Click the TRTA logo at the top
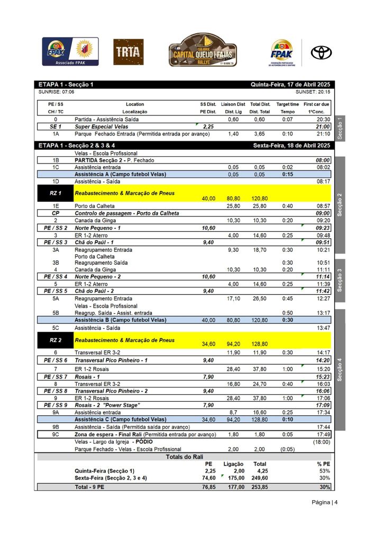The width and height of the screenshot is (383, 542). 129,52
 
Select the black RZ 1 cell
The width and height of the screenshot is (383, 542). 55,193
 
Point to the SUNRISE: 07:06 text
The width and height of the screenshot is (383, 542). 56,92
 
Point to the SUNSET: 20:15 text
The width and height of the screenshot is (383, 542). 313,92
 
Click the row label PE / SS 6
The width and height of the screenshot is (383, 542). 55,359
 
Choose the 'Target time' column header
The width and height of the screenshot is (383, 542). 288,104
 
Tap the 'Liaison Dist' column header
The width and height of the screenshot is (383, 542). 233,104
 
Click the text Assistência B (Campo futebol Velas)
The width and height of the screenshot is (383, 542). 120,320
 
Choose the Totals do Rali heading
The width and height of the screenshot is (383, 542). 184,457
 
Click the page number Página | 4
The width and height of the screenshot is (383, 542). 324,502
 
